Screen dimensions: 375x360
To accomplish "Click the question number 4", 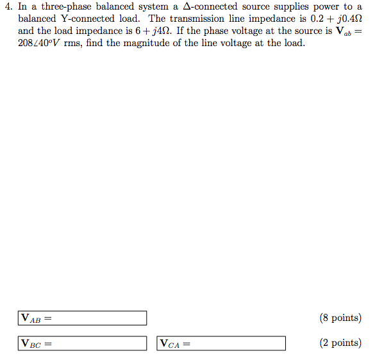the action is pyautogui.click(x=8, y=6).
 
